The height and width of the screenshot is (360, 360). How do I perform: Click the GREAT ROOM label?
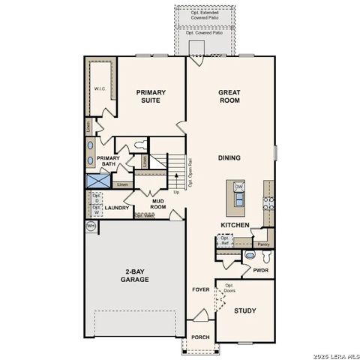(229, 97)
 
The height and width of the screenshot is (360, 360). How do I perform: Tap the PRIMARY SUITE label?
(151, 97)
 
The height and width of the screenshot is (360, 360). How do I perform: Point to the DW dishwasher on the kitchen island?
(238, 187)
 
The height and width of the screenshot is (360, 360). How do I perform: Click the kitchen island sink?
(238, 199)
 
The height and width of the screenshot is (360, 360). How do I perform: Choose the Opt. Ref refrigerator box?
(223, 241)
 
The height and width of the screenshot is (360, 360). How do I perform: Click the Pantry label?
(262, 244)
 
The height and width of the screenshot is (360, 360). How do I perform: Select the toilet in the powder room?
(250, 256)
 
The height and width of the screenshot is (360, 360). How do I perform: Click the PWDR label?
(260, 271)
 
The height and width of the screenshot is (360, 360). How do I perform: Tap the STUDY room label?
(245, 310)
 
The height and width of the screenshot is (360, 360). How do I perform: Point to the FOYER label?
(200, 289)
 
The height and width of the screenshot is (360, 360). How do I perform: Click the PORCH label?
(199, 337)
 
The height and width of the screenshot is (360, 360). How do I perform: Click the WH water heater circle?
(91, 225)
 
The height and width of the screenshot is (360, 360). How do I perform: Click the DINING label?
(229, 158)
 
